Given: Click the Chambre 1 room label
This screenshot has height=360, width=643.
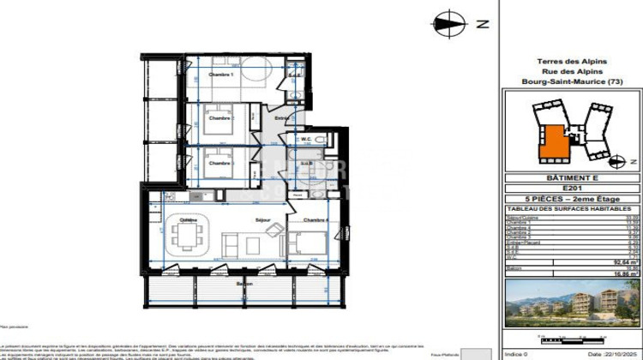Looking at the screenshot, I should click(x=221, y=75).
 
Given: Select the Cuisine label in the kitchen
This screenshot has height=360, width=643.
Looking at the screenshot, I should click(x=188, y=219).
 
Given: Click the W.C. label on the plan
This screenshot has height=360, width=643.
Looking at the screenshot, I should click(x=305, y=139).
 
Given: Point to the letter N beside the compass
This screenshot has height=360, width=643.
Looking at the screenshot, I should click(x=483, y=24).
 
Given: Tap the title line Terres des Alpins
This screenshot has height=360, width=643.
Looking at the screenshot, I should click(x=572, y=61).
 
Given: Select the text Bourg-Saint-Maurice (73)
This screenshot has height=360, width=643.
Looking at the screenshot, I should click(x=572, y=81).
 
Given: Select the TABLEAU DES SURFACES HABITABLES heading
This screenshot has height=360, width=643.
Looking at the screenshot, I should click(x=572, y=208).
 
